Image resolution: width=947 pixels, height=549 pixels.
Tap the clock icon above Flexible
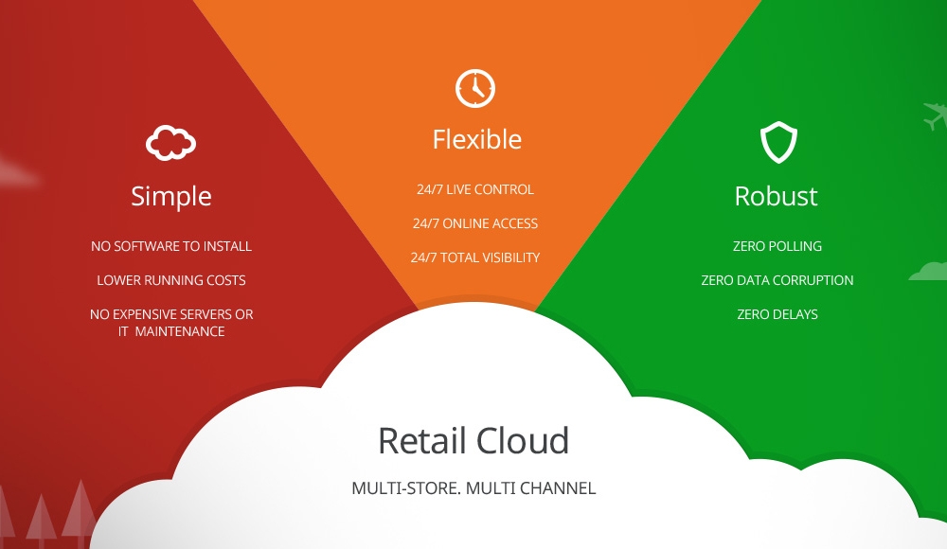[x=475, y=89]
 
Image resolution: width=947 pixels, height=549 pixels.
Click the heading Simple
[x=171, y=197]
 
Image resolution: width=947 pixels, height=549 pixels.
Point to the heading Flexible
[x=477, y=139]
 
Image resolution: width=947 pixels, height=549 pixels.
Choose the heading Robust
[x=777, y=196]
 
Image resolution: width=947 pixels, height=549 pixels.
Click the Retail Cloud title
[x=473, y=440]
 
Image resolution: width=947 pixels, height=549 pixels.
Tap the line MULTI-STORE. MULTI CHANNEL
[x=473, y=488]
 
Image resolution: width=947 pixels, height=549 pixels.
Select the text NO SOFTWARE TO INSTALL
[x=170, y=246]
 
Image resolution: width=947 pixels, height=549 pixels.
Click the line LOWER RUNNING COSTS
[x=170, y=280]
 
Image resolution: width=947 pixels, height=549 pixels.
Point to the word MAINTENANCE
[x=179, y=331]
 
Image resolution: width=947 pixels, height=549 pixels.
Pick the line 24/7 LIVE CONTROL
[x=475, y=189]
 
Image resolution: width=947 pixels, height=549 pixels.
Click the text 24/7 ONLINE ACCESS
[x=475, y=223]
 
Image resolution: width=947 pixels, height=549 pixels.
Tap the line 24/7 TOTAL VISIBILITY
[x=475, y=257]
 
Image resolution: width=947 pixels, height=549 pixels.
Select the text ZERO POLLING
[x=777, y=246]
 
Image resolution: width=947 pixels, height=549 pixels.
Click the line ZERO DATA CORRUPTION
[x=777, y=280]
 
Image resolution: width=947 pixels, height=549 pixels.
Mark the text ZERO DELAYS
[x=777, y=314]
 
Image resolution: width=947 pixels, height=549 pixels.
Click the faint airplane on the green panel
[x=935, y=115]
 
